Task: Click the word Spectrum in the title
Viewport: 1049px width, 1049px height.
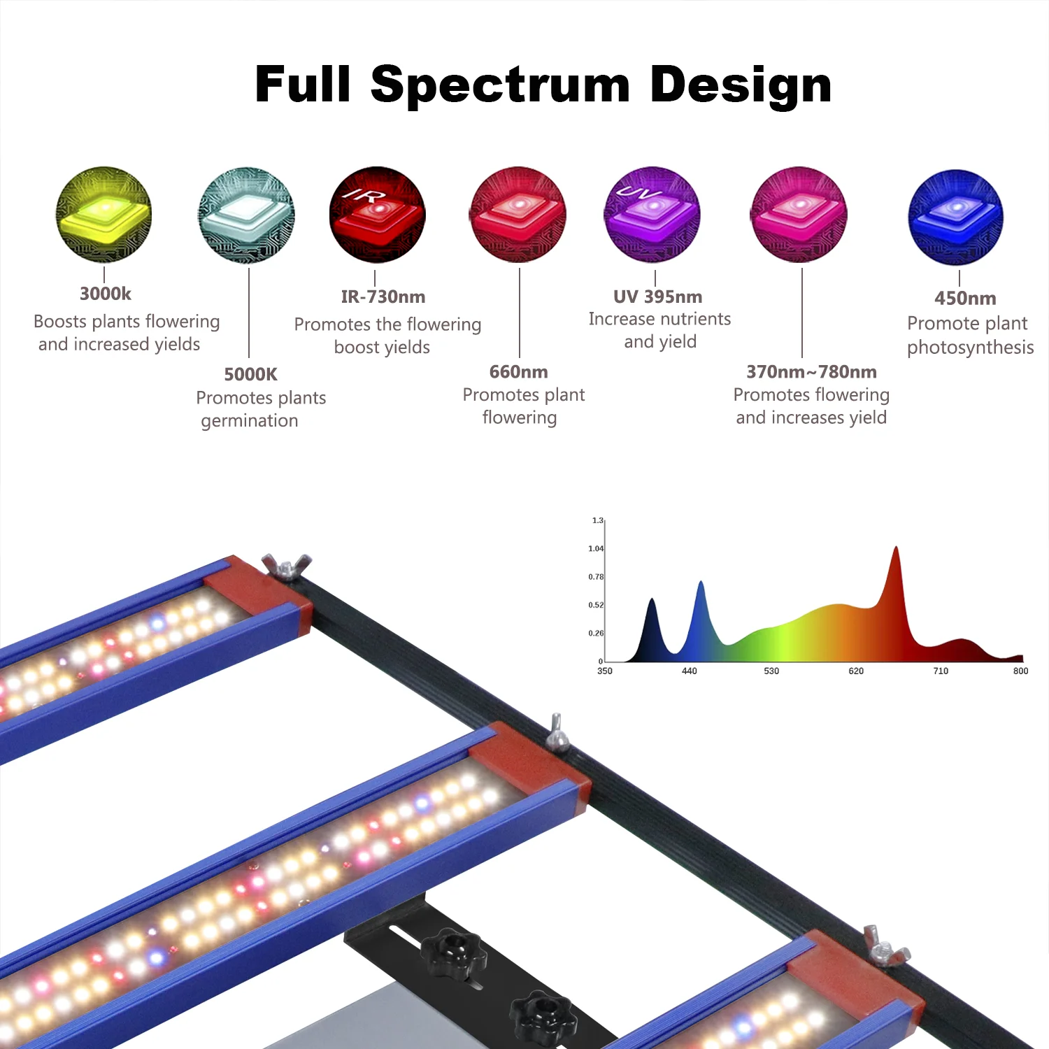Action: click(x=500, y=85)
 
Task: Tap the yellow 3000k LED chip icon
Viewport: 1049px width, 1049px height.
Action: click(x=104, y=214)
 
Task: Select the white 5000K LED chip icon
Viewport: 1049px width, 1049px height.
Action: click(x=246, y=215)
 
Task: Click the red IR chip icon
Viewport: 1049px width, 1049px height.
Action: click(x=378, y=215)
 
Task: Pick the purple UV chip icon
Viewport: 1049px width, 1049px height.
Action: click(x=652, y=215)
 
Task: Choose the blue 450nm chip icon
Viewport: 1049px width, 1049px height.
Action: click(x=955, y=217)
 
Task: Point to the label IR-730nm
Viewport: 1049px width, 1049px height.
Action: click(x=383, y=297)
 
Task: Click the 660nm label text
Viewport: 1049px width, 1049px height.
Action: click(x=518, y=372)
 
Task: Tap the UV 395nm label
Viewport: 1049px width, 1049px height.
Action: click(x=657, y=297)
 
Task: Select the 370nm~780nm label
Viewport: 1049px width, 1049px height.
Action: click(x=811, y=372)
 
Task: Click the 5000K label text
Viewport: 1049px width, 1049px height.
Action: click(x=250, y=375)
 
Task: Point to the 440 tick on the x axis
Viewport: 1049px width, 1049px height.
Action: click(x=690, y=671)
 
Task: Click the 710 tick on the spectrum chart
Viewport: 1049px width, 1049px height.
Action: click(x=941, y=671)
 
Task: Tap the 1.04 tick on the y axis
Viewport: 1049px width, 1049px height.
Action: click(x=596, y=549)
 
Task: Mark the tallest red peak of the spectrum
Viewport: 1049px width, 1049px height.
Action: click(x=896, y=548)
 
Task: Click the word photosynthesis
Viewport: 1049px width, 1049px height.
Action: click(x=970, y=348)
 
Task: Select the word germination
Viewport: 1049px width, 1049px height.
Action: click(x=250, y=421)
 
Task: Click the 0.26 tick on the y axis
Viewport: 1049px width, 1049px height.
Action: click(x=596, y=634)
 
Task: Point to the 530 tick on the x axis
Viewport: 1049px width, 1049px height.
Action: click(x=771, y=671)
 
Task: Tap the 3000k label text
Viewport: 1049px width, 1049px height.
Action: click(x=106, y=294)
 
